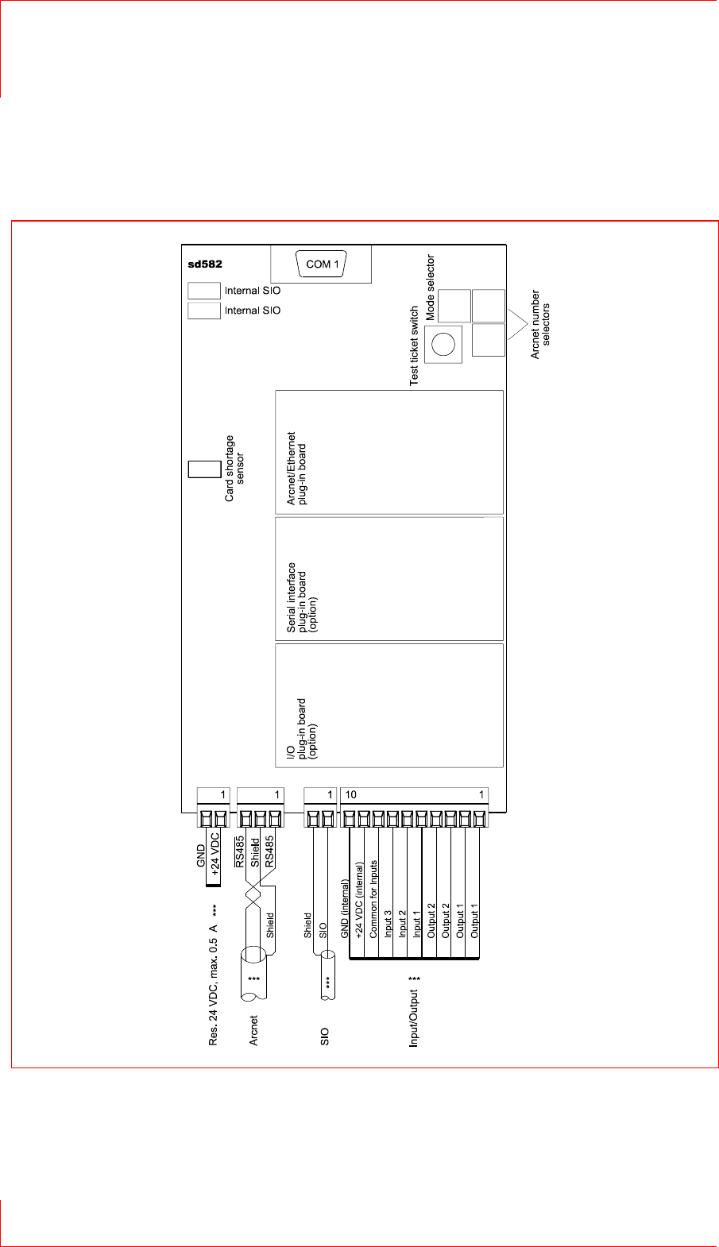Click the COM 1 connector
click(322, 264)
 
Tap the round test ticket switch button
click(443, 344)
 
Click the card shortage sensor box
click(203, 469)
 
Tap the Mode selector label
click(431, 288)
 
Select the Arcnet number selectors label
click(540, 324)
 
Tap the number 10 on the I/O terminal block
click(350, 795)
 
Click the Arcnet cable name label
click(253, 1030)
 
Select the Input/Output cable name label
click(413, 1013)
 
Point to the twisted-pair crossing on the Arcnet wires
click(255, 899)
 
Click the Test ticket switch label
click(414, 346)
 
